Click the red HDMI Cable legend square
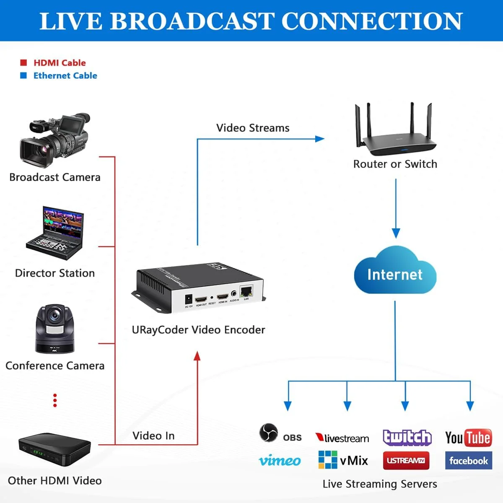pyautogui.click(x=23, y=63)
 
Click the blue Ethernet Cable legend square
pyautogui.click(x=23, y=75)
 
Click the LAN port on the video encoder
pyautogui.click(x=246, y=291)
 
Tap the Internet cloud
pyautogui.click(x=395, y=272)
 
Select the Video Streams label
pyautogui.click(x=253, y=128)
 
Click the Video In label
pyautogui.click(x=153, y=436)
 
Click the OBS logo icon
pyautogui.click(x=268, y=433)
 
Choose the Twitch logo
pyautogui.click(x=407, y=438)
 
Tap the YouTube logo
pyautogui.click(x=468, y=438)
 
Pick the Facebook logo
pyautogui.click(x=468, y=461)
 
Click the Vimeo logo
pyautogui.click(x=280, y=461)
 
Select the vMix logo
pyautogui.click(x=343, y=460)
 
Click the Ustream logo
pyautogui.click(x=406, y=461)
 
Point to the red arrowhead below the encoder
pyautogui.click(x=197, y=356)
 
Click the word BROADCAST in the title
pyautogui.click(x=193, y=21)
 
